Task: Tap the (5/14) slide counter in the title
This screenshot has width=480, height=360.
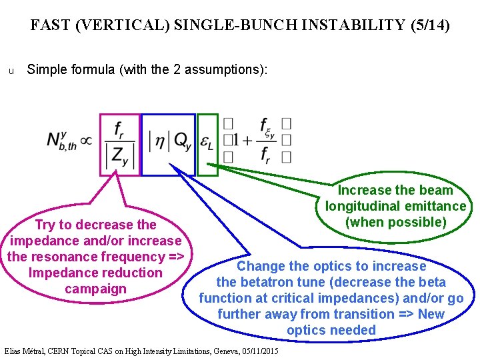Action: pyautogui.click(x=428, y=25)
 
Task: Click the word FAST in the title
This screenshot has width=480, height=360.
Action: pyautogui.click(x=51, y=25)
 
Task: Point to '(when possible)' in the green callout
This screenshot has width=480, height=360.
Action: pyautogui.click(x=396, y=222)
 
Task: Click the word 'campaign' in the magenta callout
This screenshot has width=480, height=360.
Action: pyautogui.click(x=95, y=289)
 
